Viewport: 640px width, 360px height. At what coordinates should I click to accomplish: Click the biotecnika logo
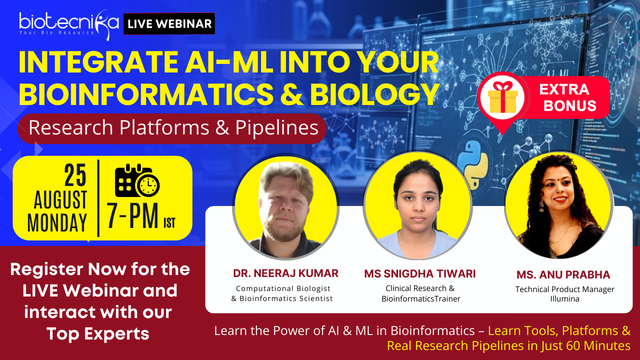tap(69, 24)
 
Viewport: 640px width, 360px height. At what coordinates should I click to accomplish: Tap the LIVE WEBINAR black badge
tap(169, 23)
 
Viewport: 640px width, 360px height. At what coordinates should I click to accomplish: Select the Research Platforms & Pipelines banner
tap(172, 128)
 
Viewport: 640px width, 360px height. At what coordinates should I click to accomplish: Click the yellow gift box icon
tap(503, 97)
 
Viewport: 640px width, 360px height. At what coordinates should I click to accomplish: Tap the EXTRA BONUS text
tap(567, 97)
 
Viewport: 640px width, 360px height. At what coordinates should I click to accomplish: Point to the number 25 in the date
tap(75, 175)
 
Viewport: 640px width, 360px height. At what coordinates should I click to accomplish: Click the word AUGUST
tap(60, 199)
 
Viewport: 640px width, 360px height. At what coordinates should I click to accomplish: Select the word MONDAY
tap(57, 222)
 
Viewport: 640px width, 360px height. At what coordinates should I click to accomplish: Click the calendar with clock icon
tap(137, 180)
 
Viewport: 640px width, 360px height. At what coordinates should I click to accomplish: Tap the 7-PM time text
tap(132, 215)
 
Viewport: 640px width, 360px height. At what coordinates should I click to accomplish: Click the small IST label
tap(169, 223)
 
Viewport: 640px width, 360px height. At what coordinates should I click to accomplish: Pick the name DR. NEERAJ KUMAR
tap(285, 273)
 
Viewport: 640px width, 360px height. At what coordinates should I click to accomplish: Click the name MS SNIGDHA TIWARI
tap(420, 273)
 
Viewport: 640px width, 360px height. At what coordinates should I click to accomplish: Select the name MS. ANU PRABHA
tap(563, 275)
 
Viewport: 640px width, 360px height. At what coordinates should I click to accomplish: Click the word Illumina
tap(565, 299)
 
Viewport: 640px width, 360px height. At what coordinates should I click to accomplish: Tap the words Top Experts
tap(98, 333)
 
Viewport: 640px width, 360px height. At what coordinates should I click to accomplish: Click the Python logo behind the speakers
tap(473, 165)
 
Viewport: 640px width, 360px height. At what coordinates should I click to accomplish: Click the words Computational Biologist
tap(283, 288)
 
